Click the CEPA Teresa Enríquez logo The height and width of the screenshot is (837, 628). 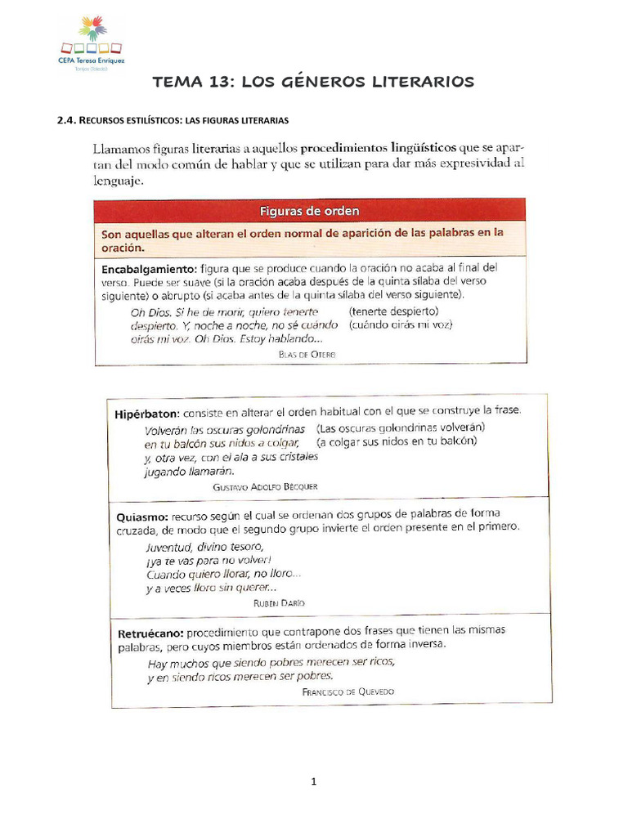point(92,43)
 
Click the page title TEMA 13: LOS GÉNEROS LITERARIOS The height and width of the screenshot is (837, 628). point(313,82)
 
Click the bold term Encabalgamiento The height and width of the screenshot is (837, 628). point(148,268)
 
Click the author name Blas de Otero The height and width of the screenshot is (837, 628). point(307,354)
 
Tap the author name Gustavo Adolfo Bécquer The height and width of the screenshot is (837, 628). point(265,486)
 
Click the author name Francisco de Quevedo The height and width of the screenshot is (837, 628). point(348,692)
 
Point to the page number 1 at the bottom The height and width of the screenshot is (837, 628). point(313,781)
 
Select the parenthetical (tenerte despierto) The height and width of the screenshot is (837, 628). point(393,311)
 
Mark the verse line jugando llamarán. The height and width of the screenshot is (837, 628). point(189,471)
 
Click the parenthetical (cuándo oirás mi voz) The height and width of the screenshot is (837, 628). point(400,325)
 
